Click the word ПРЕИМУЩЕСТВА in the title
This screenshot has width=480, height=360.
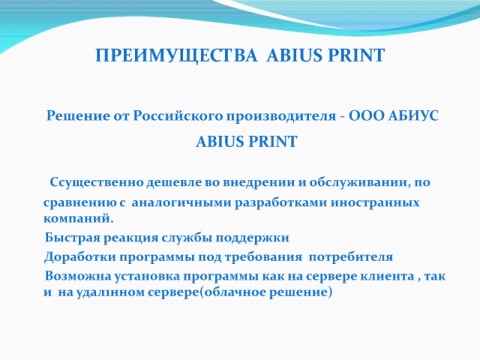176,55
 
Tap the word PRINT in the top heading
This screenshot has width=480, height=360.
356,55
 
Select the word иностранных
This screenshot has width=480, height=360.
375,203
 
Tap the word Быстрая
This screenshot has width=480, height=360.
73,238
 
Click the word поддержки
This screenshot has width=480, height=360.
252,238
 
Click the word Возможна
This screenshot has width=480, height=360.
78,276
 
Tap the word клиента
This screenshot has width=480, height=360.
382,276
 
